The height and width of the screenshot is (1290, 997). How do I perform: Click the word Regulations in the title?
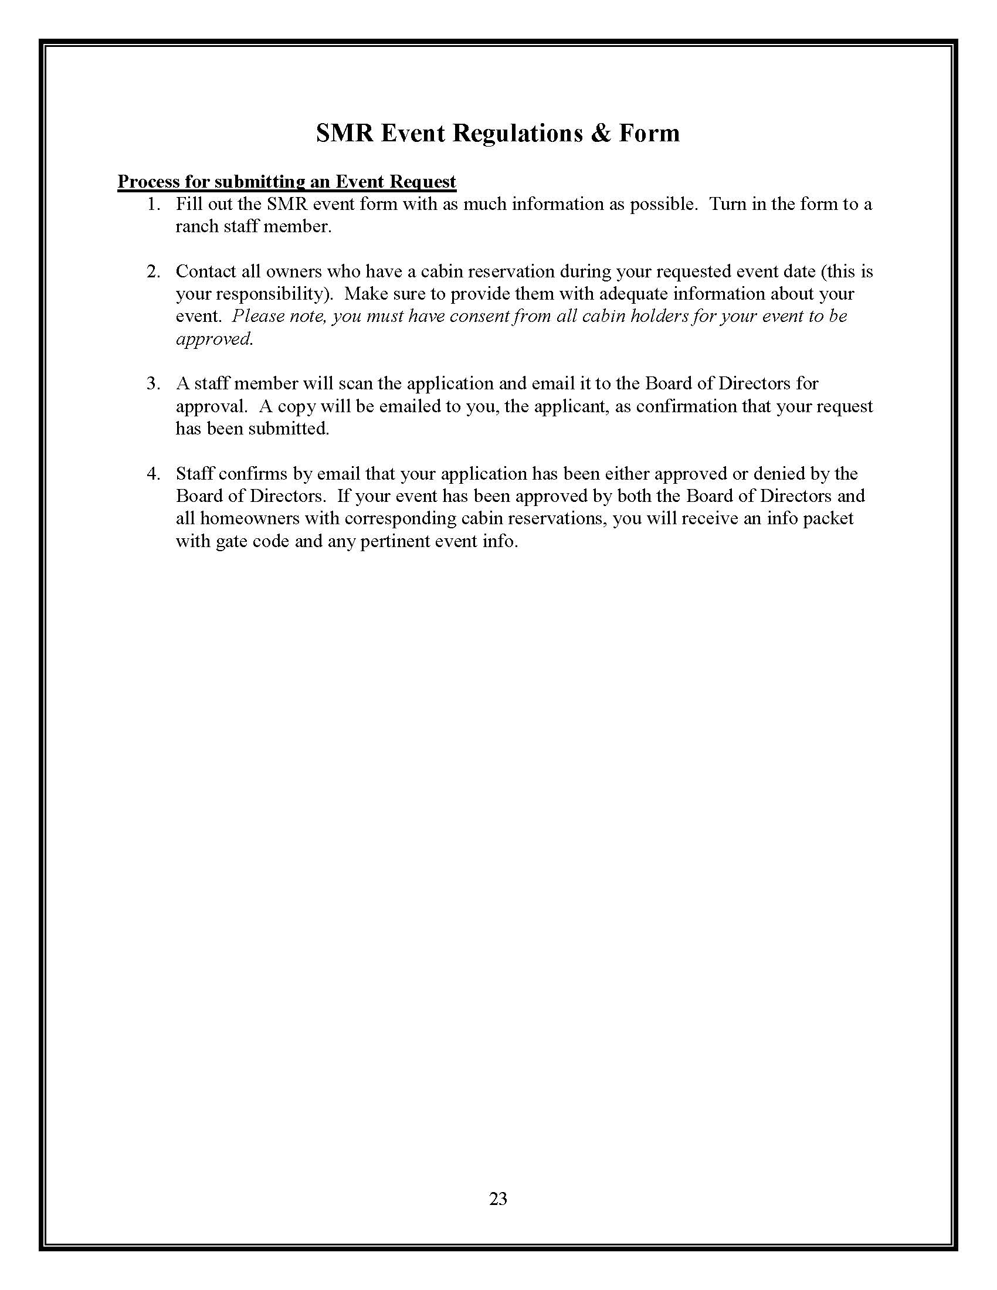coord(517,134)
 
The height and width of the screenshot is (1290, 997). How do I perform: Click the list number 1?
coord(152,205)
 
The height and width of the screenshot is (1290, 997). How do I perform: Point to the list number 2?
coord(152,271)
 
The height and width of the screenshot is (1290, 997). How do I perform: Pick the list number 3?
coord(152,384)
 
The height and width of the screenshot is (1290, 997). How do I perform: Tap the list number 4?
coord(152,474)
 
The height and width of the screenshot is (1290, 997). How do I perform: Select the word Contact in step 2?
coord(205,271)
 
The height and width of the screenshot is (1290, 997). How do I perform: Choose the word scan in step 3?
coord(355,384)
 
